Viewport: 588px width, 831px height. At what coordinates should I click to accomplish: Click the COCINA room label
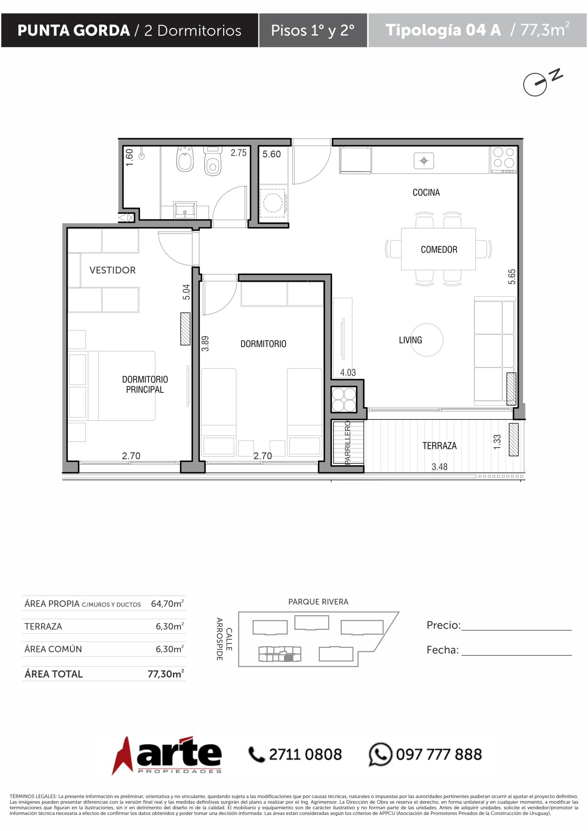point(426,192)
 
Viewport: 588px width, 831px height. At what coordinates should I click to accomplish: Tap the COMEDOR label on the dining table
point(439,249)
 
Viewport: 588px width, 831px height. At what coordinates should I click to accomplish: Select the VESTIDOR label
point(112,270)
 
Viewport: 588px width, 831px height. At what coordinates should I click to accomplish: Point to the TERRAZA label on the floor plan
point(440,446)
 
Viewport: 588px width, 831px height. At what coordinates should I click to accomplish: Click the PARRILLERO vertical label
point(348,442)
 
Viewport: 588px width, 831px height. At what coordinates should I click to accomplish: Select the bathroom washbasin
point(185,210)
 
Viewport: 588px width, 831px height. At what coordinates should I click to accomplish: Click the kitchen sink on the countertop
point(424,161)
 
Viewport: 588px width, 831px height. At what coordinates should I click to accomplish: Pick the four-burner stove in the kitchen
point(504,160)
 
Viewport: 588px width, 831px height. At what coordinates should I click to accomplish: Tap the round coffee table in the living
point(427,340)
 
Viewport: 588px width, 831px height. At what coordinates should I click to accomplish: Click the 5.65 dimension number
point(512,277)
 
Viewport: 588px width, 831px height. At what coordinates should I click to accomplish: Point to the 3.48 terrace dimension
point(440,467)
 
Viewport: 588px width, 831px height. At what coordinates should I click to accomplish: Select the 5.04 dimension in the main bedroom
point(186,292)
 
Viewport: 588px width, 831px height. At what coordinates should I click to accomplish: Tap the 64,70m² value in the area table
point(167,604)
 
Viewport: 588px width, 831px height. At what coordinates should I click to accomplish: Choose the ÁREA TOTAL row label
point(54,674)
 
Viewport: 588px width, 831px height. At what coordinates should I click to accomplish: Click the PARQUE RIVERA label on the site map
point(318,602)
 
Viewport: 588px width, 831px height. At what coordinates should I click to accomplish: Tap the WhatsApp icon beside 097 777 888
point(380,754)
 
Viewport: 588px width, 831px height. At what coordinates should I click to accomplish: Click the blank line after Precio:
point(516,630)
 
